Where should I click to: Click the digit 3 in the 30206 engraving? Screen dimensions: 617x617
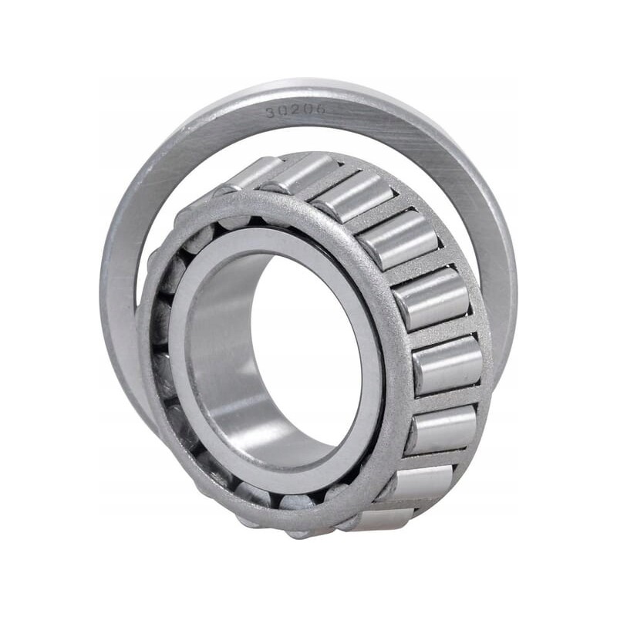click(x=271, y=113)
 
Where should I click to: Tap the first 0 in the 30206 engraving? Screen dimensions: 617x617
click(x=283, y=112)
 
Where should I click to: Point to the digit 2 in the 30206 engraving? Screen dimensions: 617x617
click(x=295, y=111)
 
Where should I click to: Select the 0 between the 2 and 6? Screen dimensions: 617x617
click(x=307, y=110)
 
